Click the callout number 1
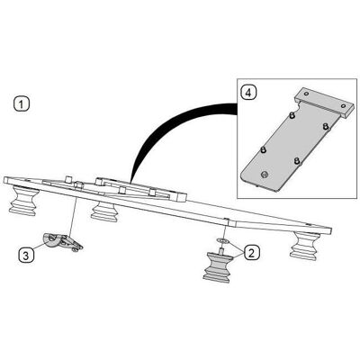point(22,104)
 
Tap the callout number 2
point(251,253)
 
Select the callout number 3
point(26,256)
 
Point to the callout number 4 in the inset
point(248,93)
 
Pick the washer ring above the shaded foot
point(222,240)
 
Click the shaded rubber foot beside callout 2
point(218,267)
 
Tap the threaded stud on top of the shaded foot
point(222,250)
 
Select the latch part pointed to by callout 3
point(62,241)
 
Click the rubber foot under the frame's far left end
point(23,201)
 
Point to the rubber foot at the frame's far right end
point(304,245)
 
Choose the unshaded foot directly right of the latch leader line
point(104,211)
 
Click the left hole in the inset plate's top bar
point(306,94)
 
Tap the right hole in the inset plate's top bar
point(343,106)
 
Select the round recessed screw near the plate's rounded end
point(265,175)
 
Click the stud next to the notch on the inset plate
point(291,115)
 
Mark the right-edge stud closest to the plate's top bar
point(326,127)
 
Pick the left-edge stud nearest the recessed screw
point(263,149)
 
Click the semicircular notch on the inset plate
point(297,104)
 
